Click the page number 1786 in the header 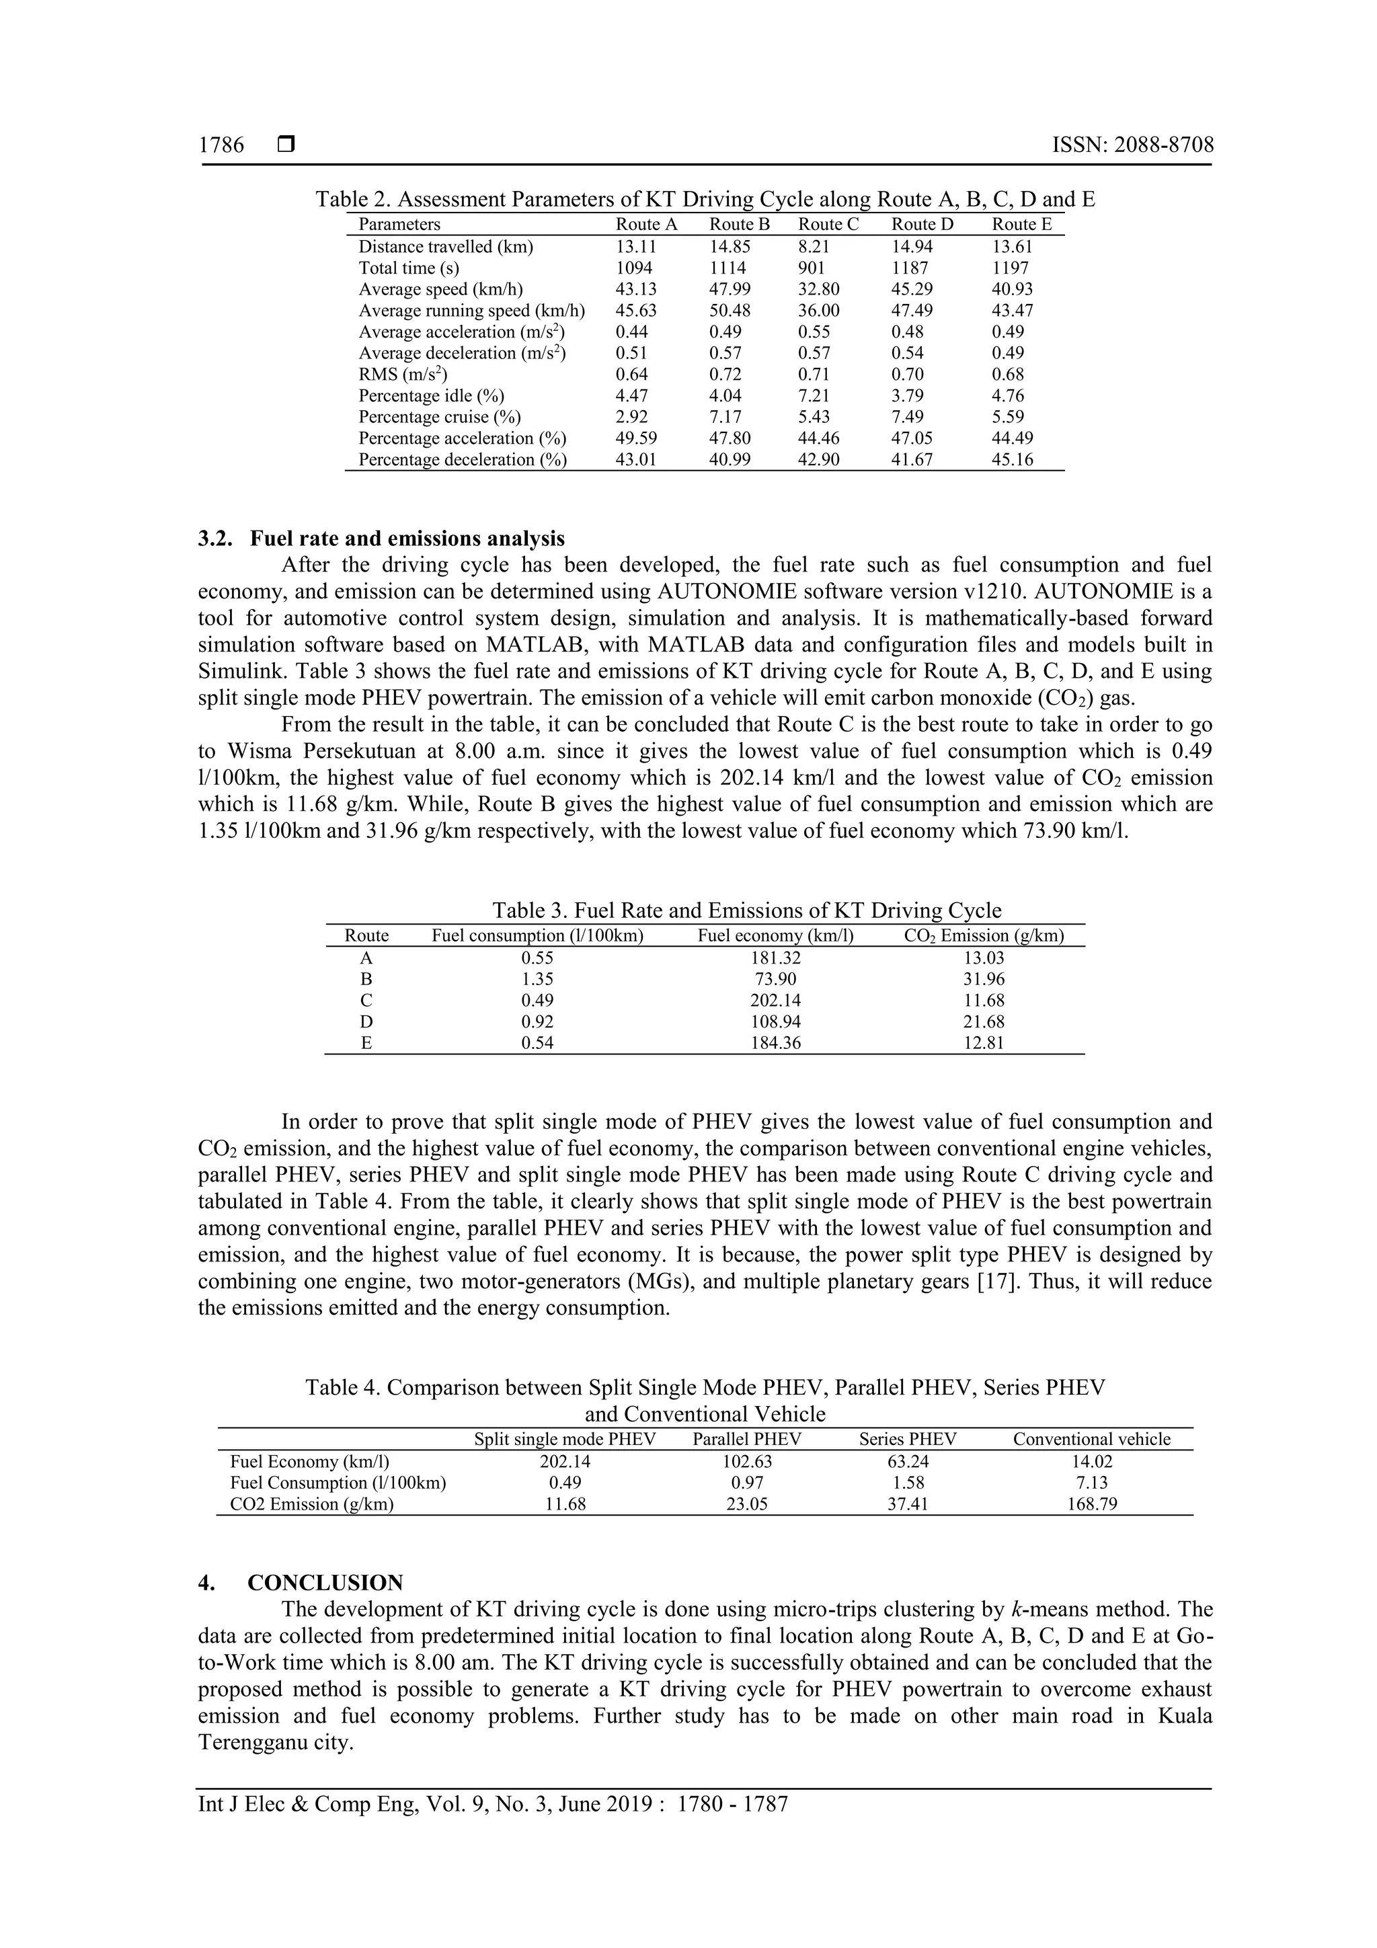click(x=221, y=145)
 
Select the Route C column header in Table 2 click(x=828, y=224)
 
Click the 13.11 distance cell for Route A click(x=635, y=246)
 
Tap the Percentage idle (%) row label click(x=431, y=395)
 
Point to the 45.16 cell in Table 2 click(x=1008, y=459)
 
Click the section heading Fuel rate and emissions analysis click(x=407, y=539)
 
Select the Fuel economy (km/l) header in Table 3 click(x=775, y=936)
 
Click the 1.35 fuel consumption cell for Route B click(x=537, y=979)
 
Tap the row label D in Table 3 click(x=366, y=1021)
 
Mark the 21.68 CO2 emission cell click(x=983, y=1021)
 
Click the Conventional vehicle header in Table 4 click(x=1091, y=1439)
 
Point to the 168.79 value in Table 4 click(x=1091, y=1504)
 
